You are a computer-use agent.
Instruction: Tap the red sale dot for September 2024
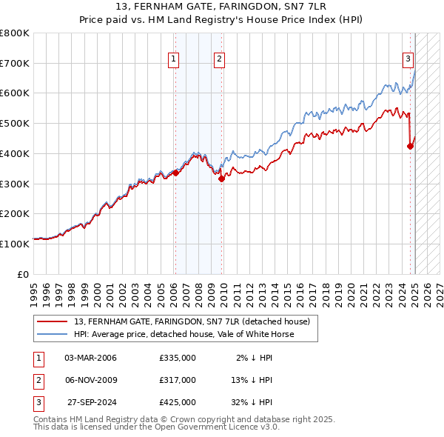410,146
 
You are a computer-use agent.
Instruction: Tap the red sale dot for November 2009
221,179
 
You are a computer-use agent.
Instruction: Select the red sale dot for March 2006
175,173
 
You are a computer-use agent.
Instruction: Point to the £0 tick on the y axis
24,273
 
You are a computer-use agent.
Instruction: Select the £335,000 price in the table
178,358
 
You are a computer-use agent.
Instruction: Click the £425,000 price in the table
178,402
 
